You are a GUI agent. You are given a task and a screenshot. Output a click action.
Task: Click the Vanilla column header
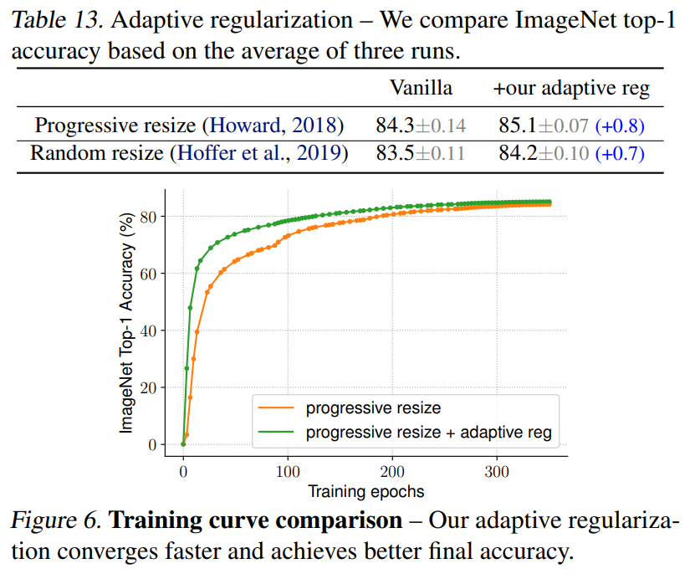422,88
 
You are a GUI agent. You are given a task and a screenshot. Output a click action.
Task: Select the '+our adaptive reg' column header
571,88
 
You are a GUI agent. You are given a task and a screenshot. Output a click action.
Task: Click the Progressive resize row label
189,126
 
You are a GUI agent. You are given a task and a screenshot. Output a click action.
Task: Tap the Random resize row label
189,154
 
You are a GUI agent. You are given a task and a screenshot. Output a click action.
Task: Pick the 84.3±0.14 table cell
421,126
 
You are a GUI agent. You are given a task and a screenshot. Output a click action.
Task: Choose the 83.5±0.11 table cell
421,154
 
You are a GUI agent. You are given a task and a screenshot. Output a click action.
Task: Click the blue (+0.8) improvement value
620,126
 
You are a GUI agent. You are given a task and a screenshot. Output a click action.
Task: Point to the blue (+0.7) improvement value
620,154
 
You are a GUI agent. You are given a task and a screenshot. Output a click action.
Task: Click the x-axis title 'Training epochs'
365,491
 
